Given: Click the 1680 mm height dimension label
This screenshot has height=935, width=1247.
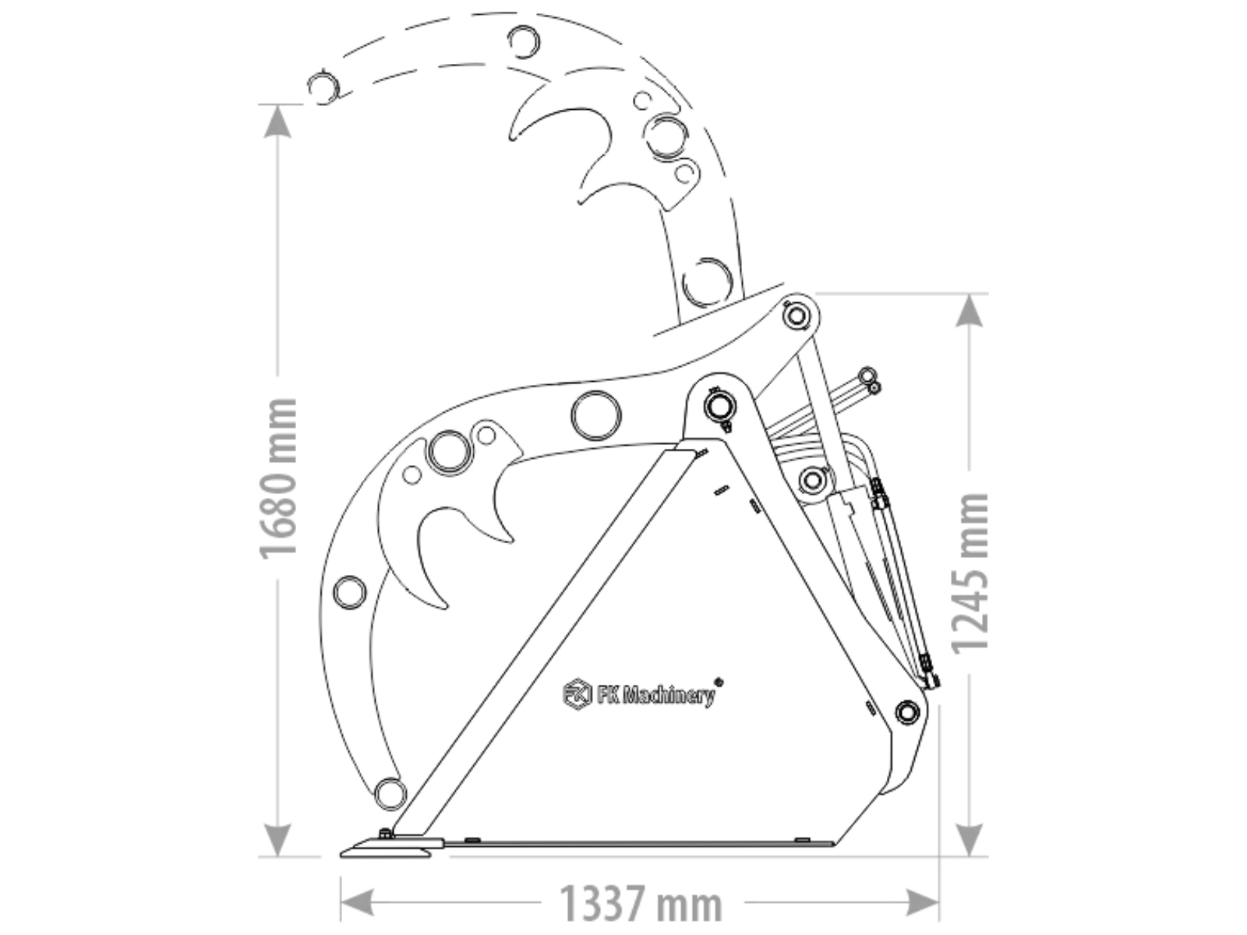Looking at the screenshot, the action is (278, 478).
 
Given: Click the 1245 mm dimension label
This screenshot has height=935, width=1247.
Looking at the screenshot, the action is (970, 574).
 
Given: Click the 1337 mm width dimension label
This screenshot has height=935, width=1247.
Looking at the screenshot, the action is (641, 905).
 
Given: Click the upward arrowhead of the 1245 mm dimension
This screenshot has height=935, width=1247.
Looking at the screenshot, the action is (970, 310).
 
